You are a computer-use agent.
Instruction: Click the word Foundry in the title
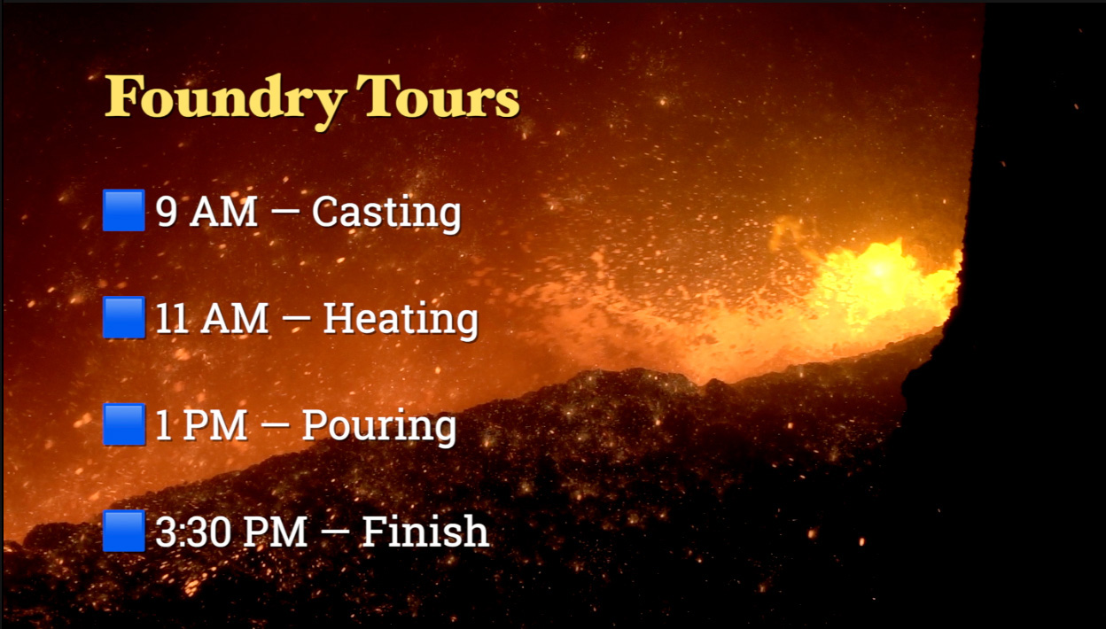[224, 102]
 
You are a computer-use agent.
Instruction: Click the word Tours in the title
[438, 97]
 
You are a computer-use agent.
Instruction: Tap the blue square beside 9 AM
[124, 210]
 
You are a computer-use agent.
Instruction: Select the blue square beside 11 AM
[124, 317]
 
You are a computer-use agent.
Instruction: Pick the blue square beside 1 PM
[124, 424]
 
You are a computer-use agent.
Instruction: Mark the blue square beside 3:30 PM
[124, 531]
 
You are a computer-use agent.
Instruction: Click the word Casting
[386, 214]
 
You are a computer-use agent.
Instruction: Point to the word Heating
[401, 320]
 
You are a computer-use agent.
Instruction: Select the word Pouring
[379, 427]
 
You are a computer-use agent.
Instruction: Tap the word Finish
[425, 532]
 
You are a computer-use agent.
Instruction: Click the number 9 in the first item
[167, 212]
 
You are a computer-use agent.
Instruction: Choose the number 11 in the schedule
[172, 318]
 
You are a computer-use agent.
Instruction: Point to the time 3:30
[195, 532]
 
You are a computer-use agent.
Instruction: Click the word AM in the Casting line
[223, 212]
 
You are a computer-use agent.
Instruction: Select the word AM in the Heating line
[235, 318]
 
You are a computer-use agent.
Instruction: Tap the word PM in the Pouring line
[214, 425]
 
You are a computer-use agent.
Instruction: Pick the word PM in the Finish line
[275, 532]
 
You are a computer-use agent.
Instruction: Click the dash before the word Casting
[285, 213]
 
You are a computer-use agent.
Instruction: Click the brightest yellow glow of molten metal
[879, 270]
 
